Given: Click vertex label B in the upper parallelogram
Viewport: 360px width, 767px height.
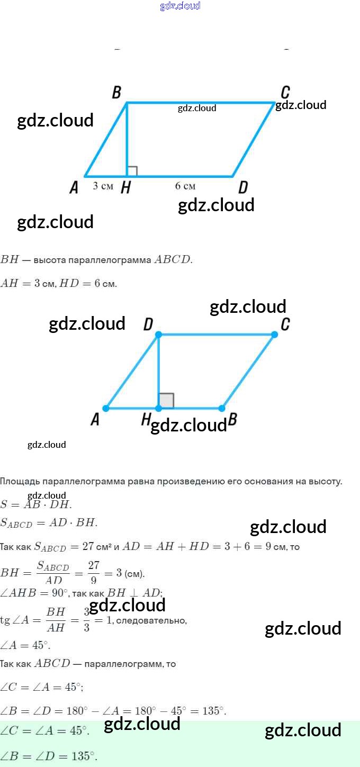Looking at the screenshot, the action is pyautogui.click(x=116, y=93).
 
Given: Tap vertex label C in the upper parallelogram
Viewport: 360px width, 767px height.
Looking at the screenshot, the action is pyautogui.click(x=285, y=92).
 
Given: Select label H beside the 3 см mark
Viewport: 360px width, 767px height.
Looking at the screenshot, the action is pyautogui.click(x=125, y=187).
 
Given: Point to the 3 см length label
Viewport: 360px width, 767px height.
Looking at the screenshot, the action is pyautogui.click(x=103, y=186).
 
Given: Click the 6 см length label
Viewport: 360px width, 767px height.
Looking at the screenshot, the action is pyautogui.click(x=185, y=186).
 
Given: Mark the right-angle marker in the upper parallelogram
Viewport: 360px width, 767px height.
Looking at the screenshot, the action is pyautogui.click(x=132, y=171).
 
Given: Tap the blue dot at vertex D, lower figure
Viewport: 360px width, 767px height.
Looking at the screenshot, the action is pyautogui.click(x=158, y=335).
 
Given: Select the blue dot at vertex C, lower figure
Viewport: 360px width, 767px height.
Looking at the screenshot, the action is pyautogui.click(x=274, y=335).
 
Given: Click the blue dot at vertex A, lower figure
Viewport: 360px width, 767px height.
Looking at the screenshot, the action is pyautogui.click(x=106, y=408).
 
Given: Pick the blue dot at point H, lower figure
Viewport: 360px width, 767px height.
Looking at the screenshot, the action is pyautogui.click(x=158, y=408).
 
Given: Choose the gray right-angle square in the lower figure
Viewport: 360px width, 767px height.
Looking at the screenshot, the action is pyautogui.click(x=166, y=401).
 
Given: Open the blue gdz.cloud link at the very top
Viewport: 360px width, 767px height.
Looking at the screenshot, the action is pyautogui.click(x=180, y=6).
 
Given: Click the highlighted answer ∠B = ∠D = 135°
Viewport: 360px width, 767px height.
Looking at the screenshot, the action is pyautogui.click(x=49, y=755).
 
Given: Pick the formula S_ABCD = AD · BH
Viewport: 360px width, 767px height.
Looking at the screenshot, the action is pyautogui.click(x=49, y=522).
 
